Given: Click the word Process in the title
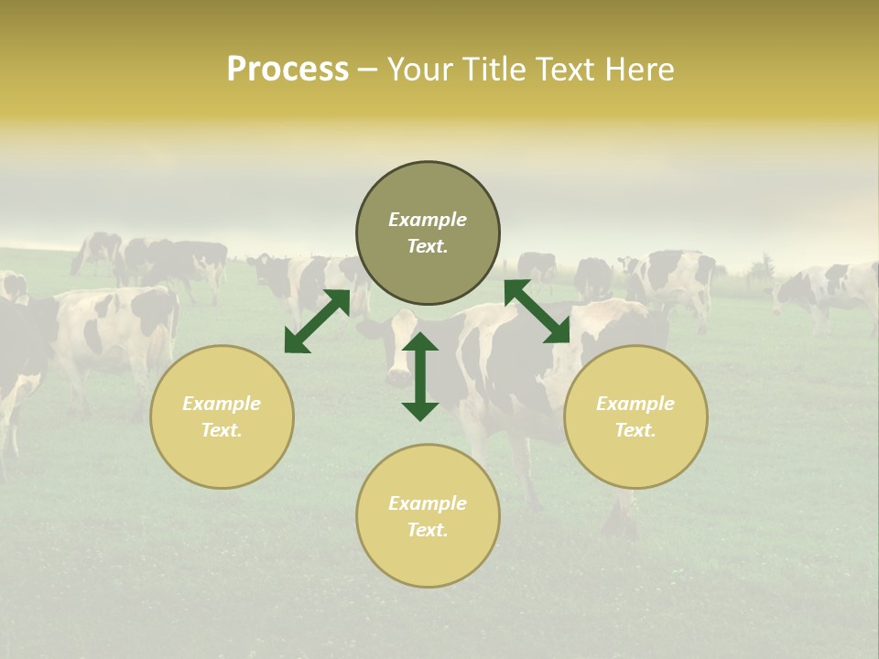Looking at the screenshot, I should pos(288,70).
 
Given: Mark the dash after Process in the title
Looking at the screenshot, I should pos(367,70).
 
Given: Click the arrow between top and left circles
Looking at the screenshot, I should pos(317,321).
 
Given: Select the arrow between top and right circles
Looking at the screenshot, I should pos(537,311).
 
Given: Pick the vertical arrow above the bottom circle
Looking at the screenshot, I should pos(420,376).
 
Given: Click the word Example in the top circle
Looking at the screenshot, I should pos(428,220).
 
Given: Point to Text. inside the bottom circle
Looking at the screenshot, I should pos(428,530).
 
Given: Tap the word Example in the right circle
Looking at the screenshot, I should pos(635,404).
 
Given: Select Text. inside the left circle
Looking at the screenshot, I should pos(222,430).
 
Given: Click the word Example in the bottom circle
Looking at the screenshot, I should pos(428,503).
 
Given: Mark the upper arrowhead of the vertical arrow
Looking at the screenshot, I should pos(420,343).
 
